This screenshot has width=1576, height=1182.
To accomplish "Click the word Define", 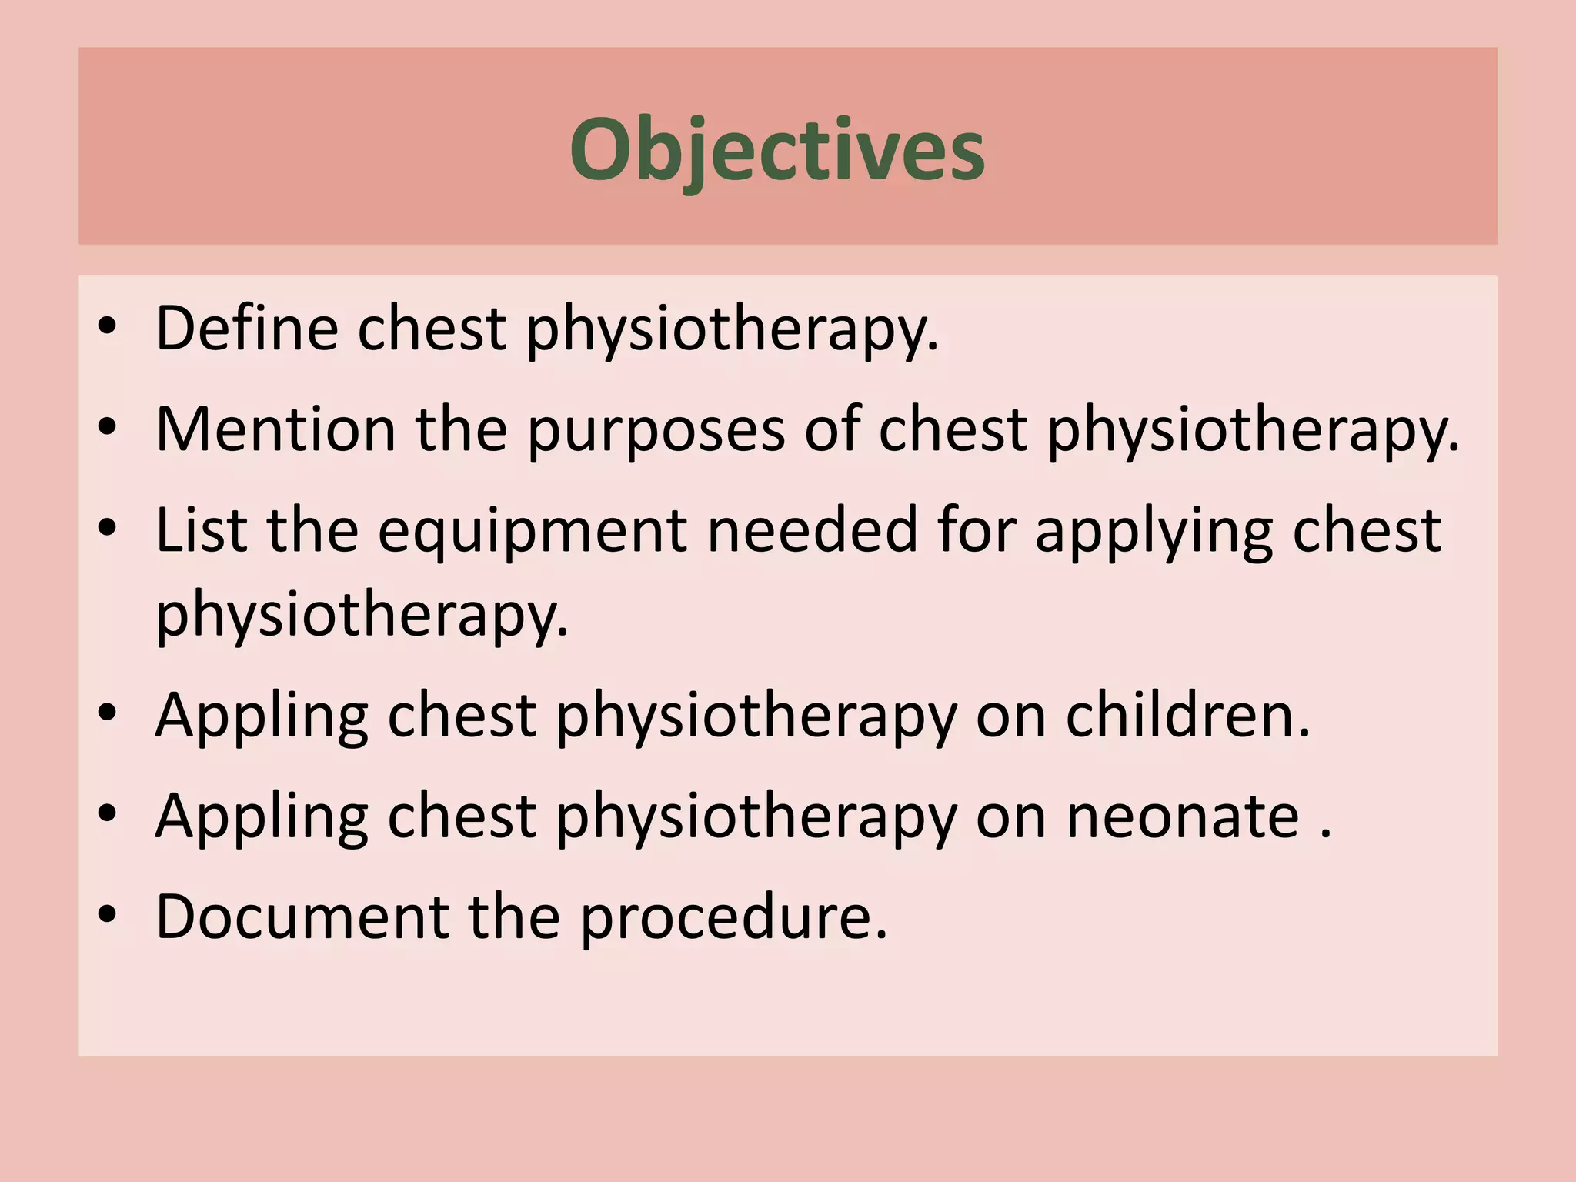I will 246,329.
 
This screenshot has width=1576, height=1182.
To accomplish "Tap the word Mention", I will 275,429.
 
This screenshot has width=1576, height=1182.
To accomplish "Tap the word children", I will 1187,716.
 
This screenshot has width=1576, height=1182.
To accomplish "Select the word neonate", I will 1183,816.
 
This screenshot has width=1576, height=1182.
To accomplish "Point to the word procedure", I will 733,919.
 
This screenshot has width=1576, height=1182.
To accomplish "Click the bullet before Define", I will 107,327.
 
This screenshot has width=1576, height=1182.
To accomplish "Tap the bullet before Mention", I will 107,427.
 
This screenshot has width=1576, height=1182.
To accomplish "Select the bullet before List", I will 107,529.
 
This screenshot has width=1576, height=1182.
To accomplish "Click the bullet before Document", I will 107,915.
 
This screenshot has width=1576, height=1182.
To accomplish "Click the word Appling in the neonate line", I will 262,818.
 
